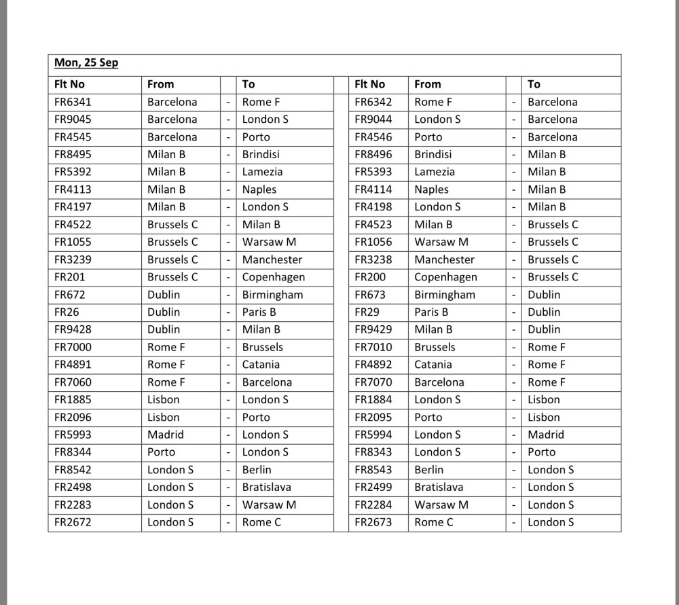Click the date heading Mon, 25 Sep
click(x=86, y=63)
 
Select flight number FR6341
click(x=73, y=102)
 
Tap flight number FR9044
click(x=373, y=120)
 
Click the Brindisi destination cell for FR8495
click(x=261, y=154)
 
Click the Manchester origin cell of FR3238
click(x=445, y=259)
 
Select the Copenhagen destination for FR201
click(x=274, y=277)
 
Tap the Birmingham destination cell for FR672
click(x=273, y=295)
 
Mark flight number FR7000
click(x=73, y=347)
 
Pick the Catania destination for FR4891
click(x=261, y=365)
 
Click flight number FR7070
click(x=373, y=382)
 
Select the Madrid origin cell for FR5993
click(x=166, y=435)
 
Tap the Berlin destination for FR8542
click(x=257, y=470)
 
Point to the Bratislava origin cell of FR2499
click(x=439, y=487)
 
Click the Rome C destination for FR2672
click(x=261, y=522)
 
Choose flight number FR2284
click(x=373, y=505)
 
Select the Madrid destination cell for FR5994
click(x=546, y=435)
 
